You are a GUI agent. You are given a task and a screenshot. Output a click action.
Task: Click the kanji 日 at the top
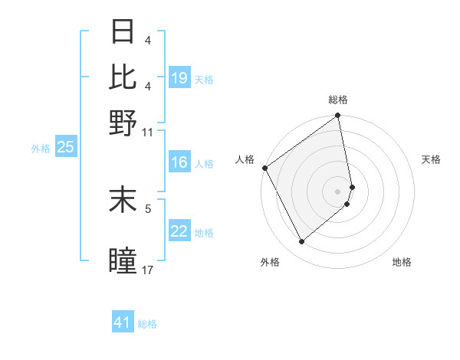(123, 33)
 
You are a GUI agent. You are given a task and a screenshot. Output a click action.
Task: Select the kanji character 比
(123, 77)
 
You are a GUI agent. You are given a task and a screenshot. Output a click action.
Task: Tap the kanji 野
(123, 121)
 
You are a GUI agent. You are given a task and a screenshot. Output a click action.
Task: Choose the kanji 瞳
(123, 261)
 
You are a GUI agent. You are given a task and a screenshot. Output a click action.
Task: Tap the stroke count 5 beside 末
(149, 208)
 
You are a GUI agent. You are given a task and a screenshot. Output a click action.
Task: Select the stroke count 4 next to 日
(148, 39)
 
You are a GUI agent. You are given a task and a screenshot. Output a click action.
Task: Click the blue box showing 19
(179, 77)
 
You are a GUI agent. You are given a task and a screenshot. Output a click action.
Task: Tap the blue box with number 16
(179, 162)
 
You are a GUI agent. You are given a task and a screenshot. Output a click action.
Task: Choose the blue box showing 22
(179, 232)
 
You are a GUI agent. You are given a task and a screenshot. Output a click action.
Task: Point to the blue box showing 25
(65, 147)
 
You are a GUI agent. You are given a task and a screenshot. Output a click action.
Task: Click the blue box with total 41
(123, 322)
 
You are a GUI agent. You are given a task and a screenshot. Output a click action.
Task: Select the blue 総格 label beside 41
(147, 324)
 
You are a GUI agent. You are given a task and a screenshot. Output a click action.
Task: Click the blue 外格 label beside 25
(40, 149)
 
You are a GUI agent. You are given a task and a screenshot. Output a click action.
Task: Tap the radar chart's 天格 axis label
(431, 159)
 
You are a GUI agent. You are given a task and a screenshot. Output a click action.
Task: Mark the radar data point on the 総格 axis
(338, 116)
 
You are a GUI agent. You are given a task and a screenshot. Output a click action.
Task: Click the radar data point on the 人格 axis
(265, 168)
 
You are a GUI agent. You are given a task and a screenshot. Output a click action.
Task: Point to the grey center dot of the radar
(338, 191)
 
